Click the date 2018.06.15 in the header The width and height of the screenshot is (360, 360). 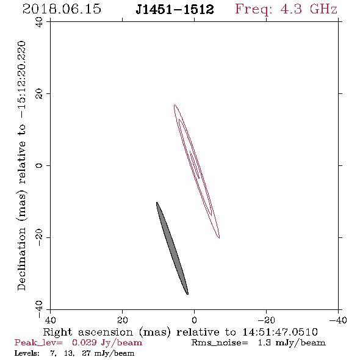pyautogui.click(x=62, y=9)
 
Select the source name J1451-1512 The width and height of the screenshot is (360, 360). pyautogui.click(x=175, y=9)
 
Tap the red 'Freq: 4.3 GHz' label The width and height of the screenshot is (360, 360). pyautogui.click(x=286, y=9)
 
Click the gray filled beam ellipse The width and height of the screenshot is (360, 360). pyautogui.click(x=172, y=248)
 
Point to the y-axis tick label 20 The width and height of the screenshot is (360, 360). pyautogui.click(x=39, y=94)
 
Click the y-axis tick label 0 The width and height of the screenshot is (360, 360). pyautogui.click(x=39, y=165)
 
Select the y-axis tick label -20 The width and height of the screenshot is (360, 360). pyautogui.click(x=39, y=237)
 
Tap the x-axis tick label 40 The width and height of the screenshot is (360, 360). pyautogui.click(x=51, y=320)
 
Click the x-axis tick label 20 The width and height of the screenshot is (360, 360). pyautogui.click(x=123, y=320)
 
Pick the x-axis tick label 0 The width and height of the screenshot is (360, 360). pyautogui.click(x=194, y=320)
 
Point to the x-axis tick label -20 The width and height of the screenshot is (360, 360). pyautogui.click(x=266, y=320)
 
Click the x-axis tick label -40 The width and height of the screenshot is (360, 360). pyautogui.click(x=338, y=320)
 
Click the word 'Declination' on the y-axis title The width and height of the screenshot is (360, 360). pyautogui.click(x=21, y=259)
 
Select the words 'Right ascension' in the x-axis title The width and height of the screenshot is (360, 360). pyautogui.click(x=88, y=332)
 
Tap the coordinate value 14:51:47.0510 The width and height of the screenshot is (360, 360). pyautogui.click(x=280, y=332)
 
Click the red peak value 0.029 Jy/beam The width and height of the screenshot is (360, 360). pyautogui.click(x=107, y=342)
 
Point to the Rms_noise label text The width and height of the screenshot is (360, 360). pyautogui.click(x=220, y=343)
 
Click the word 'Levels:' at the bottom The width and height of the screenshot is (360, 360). pyautogui.click(x=27, y=353)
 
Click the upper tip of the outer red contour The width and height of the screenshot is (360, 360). pyautogui.click(x=175, y=105)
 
